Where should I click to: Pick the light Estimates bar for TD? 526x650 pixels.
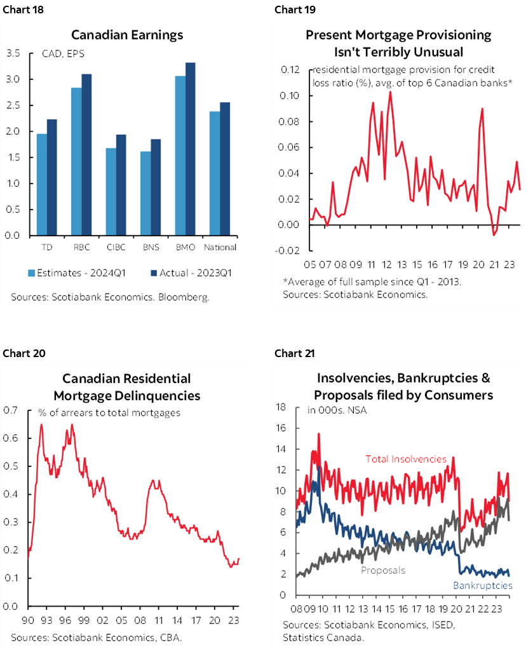coord(41,184)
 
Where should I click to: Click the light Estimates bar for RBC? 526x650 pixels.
coord(76,161)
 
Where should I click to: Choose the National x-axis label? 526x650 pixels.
coord(221,247)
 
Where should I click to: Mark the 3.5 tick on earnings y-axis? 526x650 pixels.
coord(13,53)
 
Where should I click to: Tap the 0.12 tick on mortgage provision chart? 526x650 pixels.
coord(290,70)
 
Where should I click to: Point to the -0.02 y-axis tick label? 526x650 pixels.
coord(288,250)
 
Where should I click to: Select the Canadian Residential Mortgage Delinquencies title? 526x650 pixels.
coord(127,387)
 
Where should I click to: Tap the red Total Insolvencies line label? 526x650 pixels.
coord(406,459)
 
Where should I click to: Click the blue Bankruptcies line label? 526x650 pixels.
coord(482,585)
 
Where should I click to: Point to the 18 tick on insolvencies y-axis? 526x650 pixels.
coord(283,407)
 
